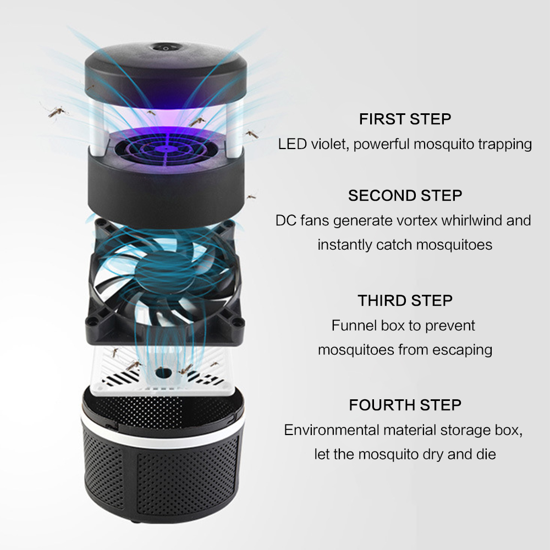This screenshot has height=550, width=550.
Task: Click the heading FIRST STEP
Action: point(405,119)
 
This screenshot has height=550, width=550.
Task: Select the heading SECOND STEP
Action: point(405,196)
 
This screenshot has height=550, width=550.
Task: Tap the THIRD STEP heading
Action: point(405,301)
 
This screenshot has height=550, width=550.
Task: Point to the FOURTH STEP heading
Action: point(405,405)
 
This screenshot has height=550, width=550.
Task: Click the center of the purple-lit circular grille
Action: point(165,149)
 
